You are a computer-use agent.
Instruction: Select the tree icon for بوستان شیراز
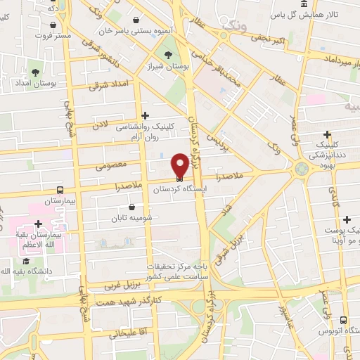(x=168, y=56)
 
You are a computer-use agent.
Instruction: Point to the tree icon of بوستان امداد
(x=36, y=72)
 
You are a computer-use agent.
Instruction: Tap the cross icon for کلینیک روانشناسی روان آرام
(x=146, y=115)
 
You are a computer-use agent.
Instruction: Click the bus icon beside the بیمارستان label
(x=60, y=190)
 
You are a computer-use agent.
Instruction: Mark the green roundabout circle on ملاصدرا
(x=303, y=169)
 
